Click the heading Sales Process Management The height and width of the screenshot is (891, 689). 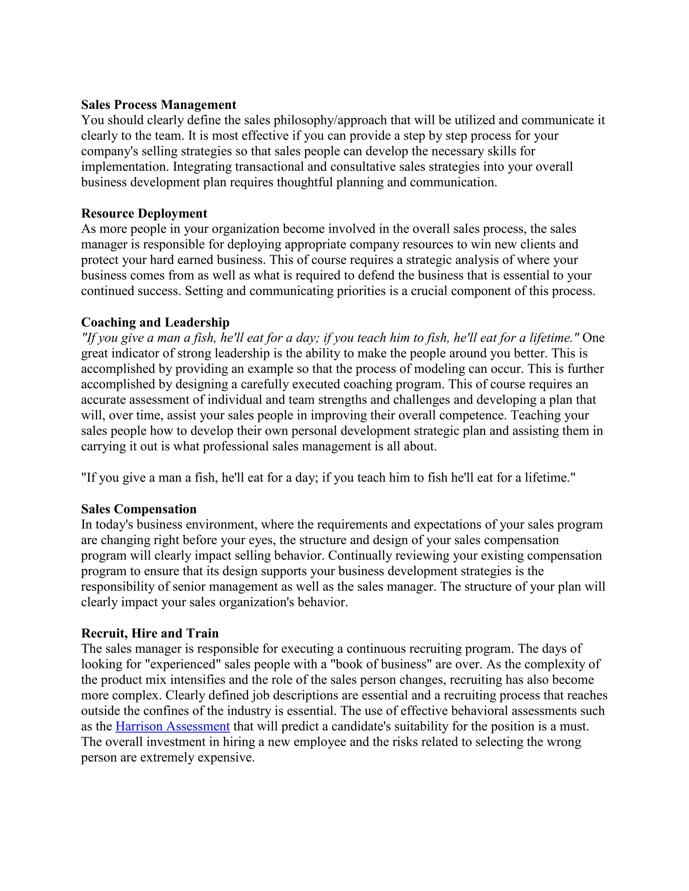point(158,105)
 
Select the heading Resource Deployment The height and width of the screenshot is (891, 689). point(144,214)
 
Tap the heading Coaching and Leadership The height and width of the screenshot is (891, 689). point(155,322)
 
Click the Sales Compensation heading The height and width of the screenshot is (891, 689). point(139,509)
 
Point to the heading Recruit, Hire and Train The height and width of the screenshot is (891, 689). point(150,633)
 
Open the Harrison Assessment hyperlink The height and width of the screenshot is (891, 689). point(173,727)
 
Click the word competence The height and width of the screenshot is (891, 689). point(473,416)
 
